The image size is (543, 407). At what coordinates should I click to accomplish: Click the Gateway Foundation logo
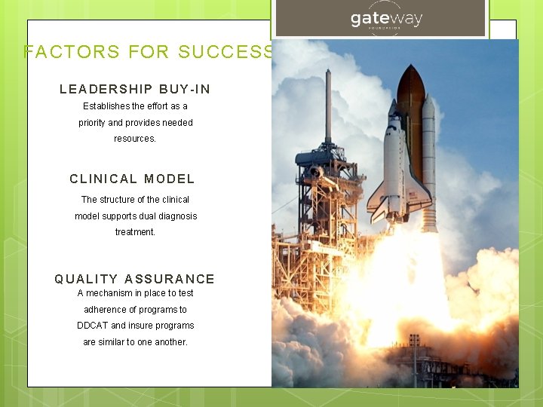pyautogui.click(x=386, y=20)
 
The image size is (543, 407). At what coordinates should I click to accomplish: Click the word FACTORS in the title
pyautogui.click(x=72, y=52)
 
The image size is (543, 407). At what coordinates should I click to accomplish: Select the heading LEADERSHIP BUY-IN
pyautogui.click(x=135, y=89)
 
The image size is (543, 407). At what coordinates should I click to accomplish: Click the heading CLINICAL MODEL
pyautogui.click(x=132, y=179)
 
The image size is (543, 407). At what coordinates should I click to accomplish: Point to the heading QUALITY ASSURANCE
pyautogui.click(x=134, y=279)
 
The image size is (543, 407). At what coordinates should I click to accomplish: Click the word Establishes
pyautogui.click(x=106, y=106)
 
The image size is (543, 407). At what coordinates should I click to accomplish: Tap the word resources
pyautogui.click(x=135, y=139)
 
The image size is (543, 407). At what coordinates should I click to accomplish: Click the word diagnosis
pyautogui.click(x=177, y=216)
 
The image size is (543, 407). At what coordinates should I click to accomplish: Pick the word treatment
pyautogui.click(x=135, y=232)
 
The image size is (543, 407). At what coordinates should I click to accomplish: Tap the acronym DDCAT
pyautogui.click(x=92, y=326)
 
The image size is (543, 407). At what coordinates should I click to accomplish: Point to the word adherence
pyautogui.click(x=105, y=310)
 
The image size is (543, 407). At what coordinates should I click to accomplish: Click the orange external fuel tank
pyautogui.click(x=410, y=113)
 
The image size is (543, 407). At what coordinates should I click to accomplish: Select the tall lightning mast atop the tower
pyautogui.click(x=328, y=106)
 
